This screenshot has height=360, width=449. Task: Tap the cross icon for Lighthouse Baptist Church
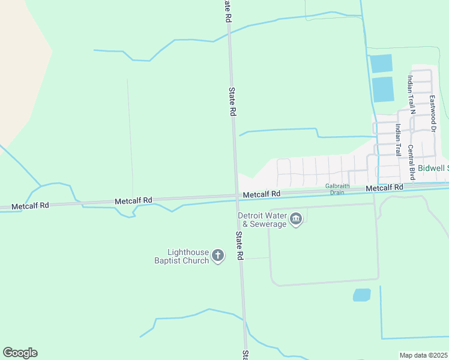click(218, 256)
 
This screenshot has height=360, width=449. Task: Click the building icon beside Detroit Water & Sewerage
click(295, 220)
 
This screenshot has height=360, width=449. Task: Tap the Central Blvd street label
click(412, 162)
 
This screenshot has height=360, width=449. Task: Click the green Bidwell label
click(432, 169)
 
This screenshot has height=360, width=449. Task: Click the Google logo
click(20, 353)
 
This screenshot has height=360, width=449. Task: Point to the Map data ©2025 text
click(423, 355)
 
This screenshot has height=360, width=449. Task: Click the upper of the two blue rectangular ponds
click(381, 63)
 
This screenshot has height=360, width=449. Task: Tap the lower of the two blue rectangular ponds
click(382, 89)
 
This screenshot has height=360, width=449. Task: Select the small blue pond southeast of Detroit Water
click(361, 295)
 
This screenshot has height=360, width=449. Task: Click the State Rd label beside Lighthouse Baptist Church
click(240, 246)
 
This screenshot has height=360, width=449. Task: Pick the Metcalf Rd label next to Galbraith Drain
click(385, 188)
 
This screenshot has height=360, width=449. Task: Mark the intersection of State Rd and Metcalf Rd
click(235, 196)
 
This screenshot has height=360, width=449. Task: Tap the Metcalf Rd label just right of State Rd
click(262, 194)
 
